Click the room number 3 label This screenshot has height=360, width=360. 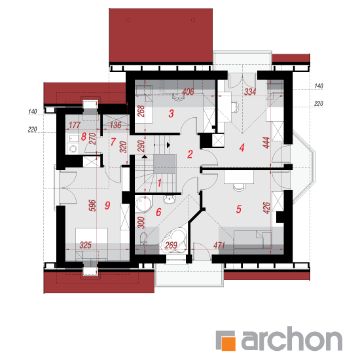coord(171,113)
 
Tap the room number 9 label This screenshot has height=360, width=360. coord(107,205)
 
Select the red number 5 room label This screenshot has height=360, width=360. coord(239,209)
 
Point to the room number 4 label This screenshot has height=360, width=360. coord(242,147)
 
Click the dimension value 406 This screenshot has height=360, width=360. coord(188,92)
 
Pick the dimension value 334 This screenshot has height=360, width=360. coord(250,92)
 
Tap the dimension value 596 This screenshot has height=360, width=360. coord(92,206)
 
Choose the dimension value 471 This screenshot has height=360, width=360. coord(219,245)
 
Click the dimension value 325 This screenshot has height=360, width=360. coord(85,245)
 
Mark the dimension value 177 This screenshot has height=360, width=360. coord(75,125)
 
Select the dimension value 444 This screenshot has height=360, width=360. coord(266,143)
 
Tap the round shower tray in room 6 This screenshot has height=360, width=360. coord(144,204)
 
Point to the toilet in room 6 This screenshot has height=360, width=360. coord(144,238)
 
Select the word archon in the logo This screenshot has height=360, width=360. coord(292,338)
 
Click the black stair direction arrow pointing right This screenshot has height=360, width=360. coord(168,145)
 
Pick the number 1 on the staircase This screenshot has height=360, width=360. coord(159,183)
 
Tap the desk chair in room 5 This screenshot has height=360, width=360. coord(239,187)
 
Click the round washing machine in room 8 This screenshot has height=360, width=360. coord(73,149)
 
